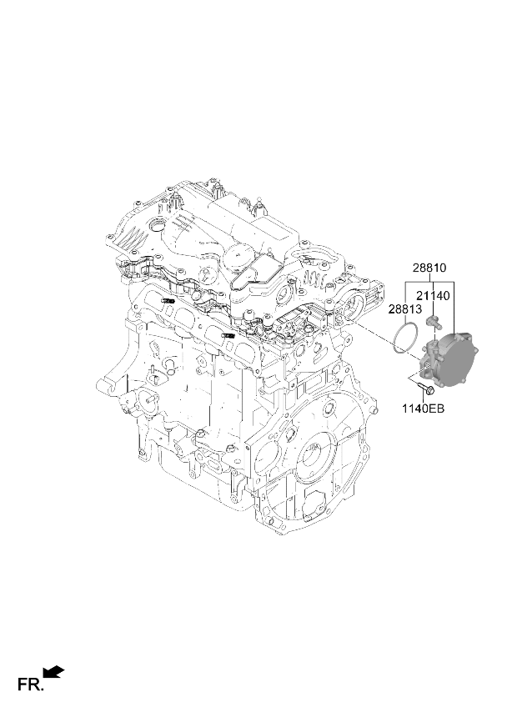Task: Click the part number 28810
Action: tap(429, 268)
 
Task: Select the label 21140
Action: tap(433, 296)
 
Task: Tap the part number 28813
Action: tap(405, 309)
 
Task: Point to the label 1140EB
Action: tap(423, 409)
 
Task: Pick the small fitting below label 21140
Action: tap(433, 322)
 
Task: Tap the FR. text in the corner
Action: tap(31, 684)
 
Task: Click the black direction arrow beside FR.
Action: tap(53, 672)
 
